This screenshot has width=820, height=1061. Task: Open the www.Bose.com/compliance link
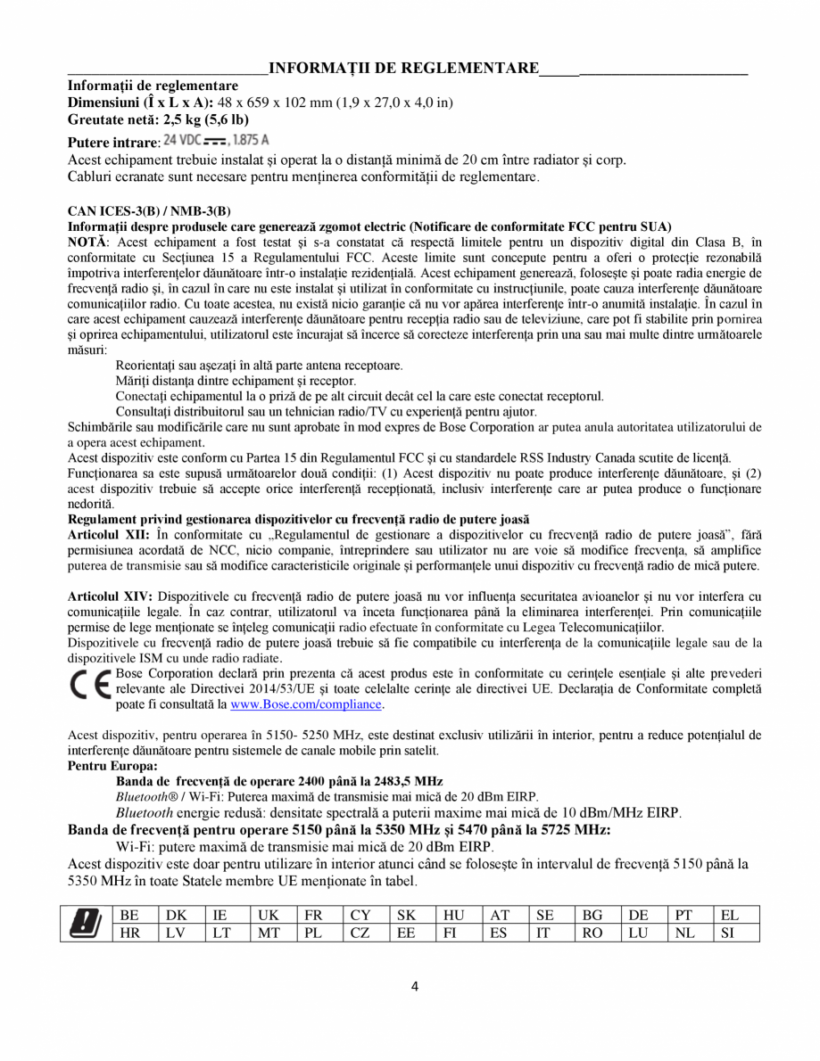(x=306, y=704)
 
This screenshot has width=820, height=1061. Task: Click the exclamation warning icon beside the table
(x=86, y=923)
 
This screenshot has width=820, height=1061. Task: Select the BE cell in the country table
(x=131, y=915)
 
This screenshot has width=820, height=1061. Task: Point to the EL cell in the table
(x=736, y=915)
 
